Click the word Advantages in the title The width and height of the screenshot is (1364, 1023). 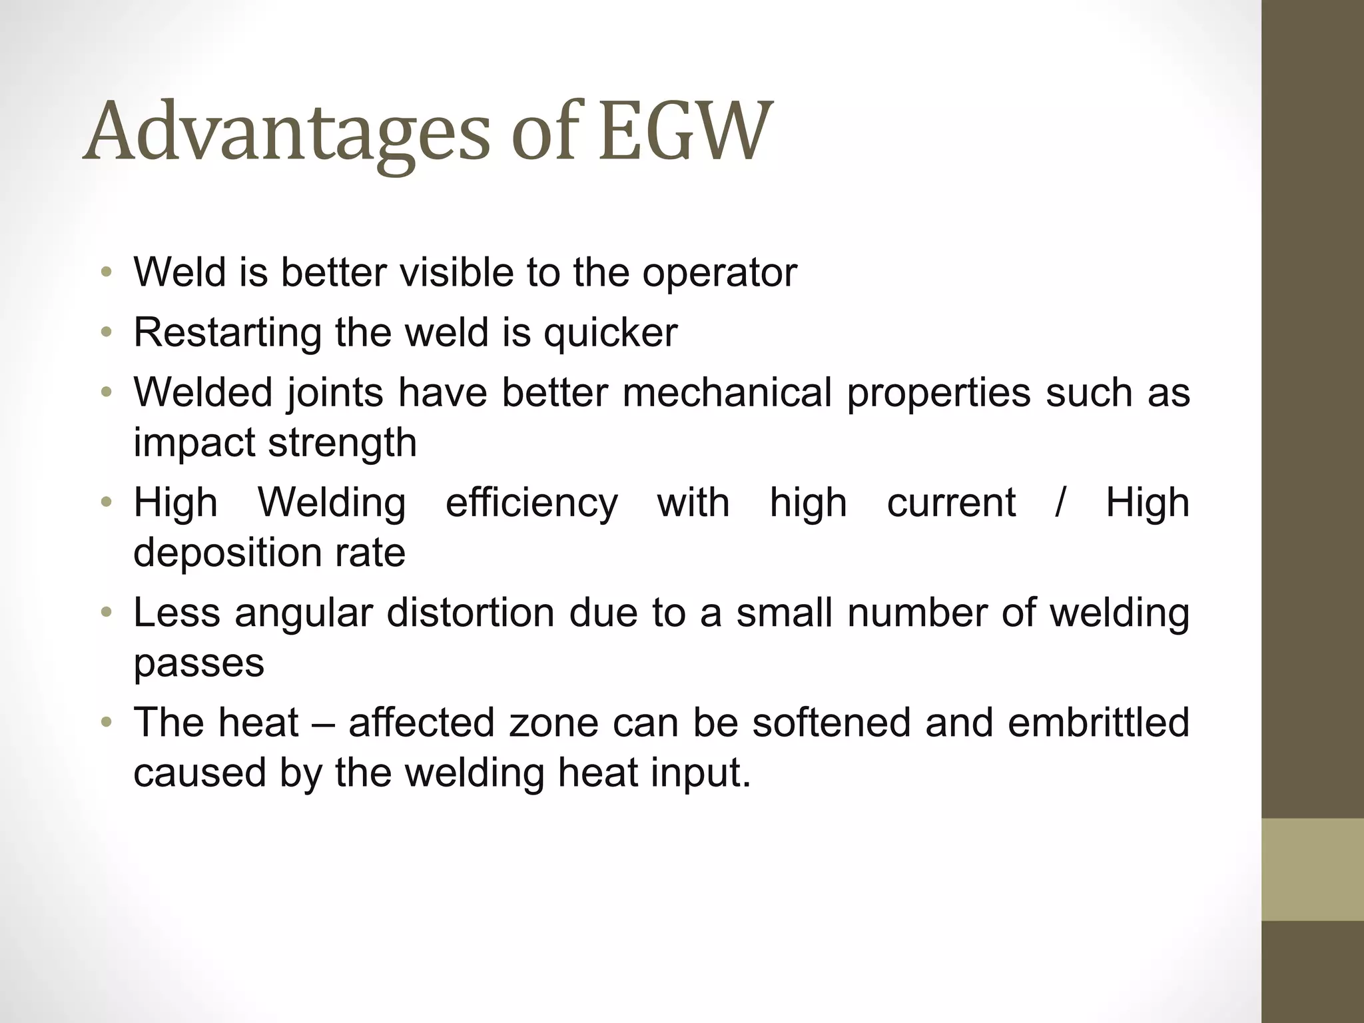tap(286, 132)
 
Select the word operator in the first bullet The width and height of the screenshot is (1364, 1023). tap(719, 273)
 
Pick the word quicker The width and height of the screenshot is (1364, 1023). tap(611, 333)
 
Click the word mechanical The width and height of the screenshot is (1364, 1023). tap(727, 393)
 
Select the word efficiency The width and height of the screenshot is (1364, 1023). tap(531, 503)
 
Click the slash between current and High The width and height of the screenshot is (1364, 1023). tap(1060, 503)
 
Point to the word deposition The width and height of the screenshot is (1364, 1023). tap(227, 553)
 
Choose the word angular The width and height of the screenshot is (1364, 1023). tap(303, 613)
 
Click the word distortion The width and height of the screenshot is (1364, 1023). tap(470, 613)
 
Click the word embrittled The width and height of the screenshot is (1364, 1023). tap(1098, 723)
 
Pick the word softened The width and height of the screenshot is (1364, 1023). tap(831, 723)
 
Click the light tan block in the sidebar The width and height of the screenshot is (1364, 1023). tap(1312, 869)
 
